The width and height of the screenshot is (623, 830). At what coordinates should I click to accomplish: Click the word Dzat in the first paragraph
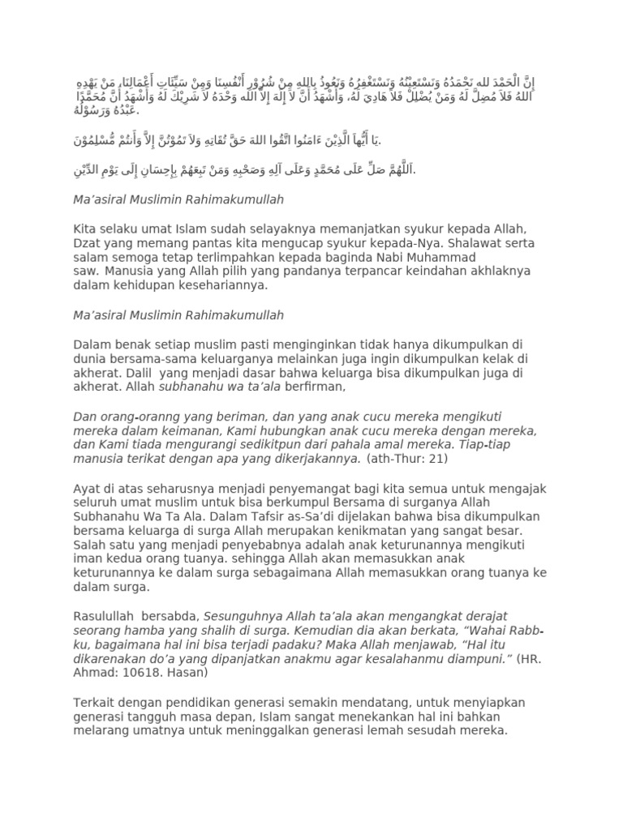(x=88, y=242)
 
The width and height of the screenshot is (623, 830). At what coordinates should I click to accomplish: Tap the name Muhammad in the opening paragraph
(x=499, y=257)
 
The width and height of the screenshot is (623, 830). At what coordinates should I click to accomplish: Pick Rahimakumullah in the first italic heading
(x=229, y=199)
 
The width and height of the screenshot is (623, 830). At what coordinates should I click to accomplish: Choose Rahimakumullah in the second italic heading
(x=229, y=314)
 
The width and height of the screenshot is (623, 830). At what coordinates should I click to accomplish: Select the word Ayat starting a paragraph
(x=87, y=489)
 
